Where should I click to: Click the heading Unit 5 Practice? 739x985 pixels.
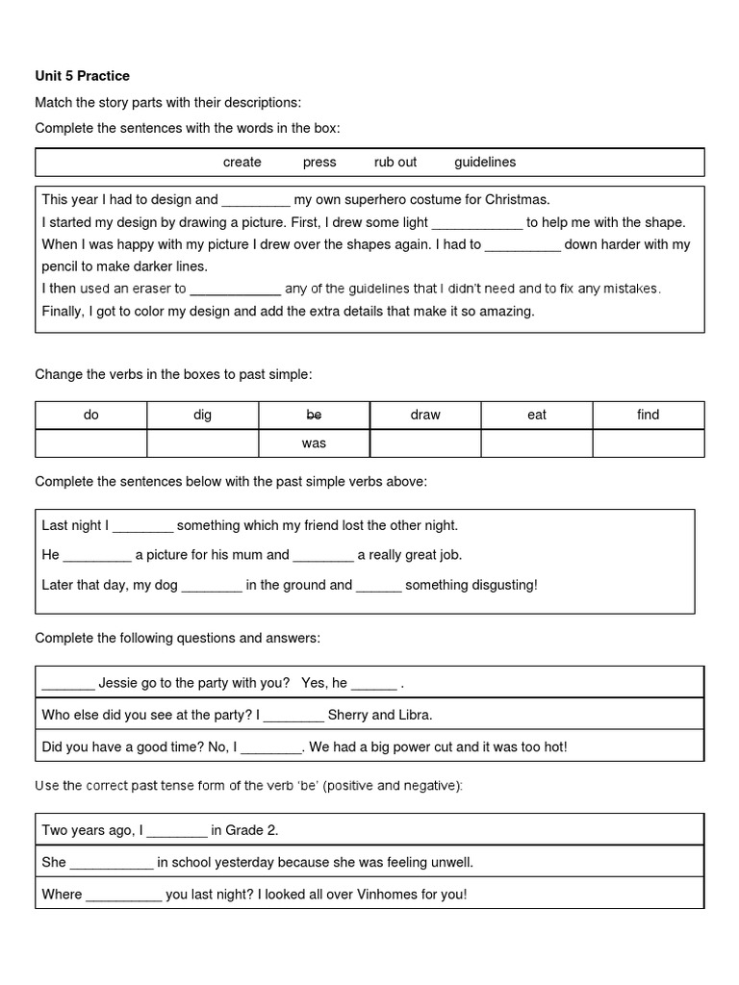point(82,76)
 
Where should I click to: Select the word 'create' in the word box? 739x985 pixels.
point(242,163)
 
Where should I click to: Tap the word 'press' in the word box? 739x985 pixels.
point(319,163)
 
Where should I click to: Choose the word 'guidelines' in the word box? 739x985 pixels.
point(485,163)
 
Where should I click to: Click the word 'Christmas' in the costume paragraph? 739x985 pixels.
point(517,200)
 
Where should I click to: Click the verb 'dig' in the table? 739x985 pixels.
point(202,415)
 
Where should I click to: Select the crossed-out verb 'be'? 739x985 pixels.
point(314,415)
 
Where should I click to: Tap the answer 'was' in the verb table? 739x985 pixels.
point(314,443)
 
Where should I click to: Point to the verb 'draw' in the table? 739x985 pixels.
point(425,415)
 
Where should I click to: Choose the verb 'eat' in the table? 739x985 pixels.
point(537,415)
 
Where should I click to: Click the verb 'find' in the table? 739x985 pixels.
point(649,415)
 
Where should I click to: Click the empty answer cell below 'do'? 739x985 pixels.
point(91,443)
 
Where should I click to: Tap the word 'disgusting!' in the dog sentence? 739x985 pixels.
point(498,585)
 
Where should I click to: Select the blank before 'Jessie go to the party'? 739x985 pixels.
point(67,685)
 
